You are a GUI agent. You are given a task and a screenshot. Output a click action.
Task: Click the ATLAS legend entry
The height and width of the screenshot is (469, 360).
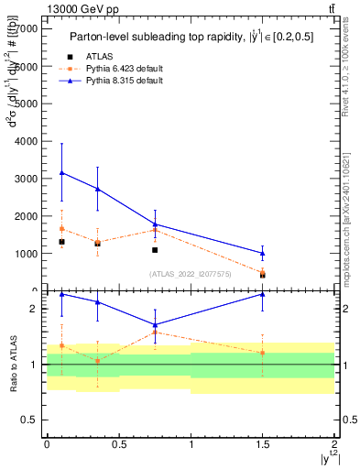(105, 57)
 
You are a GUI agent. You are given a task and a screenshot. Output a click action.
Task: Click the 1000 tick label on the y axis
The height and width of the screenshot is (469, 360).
(27, 253)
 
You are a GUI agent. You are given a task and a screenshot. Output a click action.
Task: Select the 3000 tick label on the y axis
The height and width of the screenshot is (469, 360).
(27, 179)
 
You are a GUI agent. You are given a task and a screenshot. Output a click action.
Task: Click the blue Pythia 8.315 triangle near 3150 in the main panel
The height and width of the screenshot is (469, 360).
(61, 172)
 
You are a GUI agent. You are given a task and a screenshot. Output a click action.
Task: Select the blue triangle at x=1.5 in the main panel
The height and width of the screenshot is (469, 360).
(263, 253)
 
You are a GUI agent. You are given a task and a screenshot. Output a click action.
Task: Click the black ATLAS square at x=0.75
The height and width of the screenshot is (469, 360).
(155, 250)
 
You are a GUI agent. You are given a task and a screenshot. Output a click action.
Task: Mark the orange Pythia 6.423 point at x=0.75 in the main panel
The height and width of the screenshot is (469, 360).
(155, 230)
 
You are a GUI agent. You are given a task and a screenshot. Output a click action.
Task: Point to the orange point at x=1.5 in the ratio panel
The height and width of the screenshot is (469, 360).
(263, 353)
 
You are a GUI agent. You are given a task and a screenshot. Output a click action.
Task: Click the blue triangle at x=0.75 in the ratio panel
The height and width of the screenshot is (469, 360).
(155, 324)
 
